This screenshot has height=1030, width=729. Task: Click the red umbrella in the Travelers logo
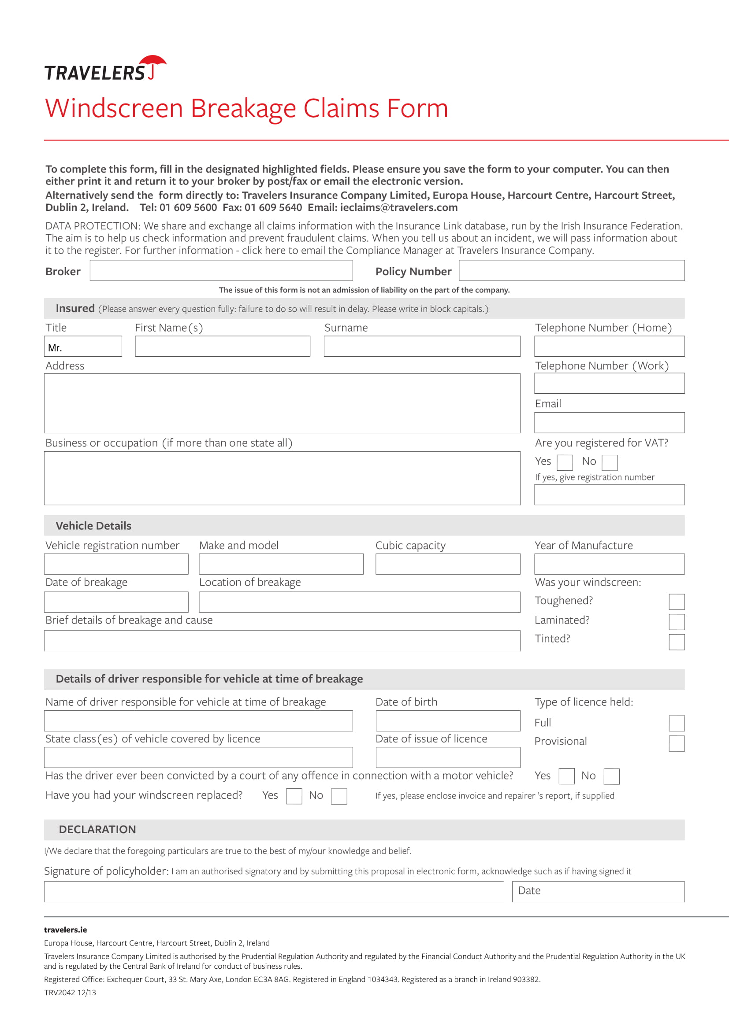pyautogui.click(x=153, y=63)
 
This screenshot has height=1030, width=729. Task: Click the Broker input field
pyautogui.click(x=221, y=270)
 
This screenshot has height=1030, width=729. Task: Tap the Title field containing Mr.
pyautogui.click(x=83, y=347)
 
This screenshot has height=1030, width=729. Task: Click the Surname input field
pyautogui.click(x=421, y=347)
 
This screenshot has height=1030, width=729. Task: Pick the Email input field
pyautogui.click(x=609, y=423)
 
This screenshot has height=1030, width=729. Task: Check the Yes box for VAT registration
pyautogui.click(x=564, y=462)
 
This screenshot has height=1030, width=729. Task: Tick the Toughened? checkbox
pyautogui.click(x=676, y=602)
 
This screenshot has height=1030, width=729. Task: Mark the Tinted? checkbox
pyautogui.click(x=676, y=642)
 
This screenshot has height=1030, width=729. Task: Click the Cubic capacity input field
pyautogui.click(x=447, y=564)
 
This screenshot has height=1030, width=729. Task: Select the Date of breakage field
pyautogui.click(x=116, y=602)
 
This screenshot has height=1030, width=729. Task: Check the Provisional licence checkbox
pyautogui.click(x=676, y=743)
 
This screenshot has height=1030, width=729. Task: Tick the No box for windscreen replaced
pyautogui.click(x=338, y=796)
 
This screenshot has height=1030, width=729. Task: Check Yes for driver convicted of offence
pyautogui.click(x=566, y=776)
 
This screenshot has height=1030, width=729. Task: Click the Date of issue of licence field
pyautogui.click(x=447, y=757)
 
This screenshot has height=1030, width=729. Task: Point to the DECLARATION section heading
pyautogui.click(x=97, y=830)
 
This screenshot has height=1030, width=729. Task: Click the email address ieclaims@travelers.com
pyautogui.click(x=398, y=207)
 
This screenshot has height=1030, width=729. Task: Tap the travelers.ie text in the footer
pyautogui.click(x=66, y=930)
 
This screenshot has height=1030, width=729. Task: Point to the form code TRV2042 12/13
pyautogui.click(x=70, y=992)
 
